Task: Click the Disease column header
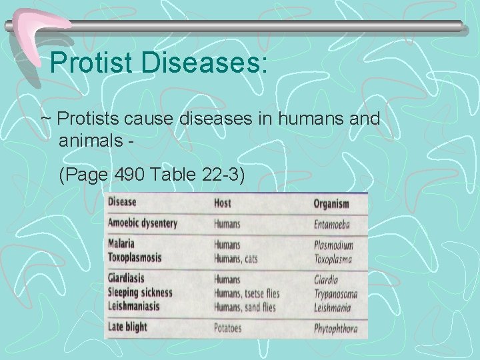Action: coord(122,202)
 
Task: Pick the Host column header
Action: coord(222,203)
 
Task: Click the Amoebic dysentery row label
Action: coord(143,223)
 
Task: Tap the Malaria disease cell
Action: coord(125,244)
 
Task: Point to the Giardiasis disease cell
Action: coord(126,278)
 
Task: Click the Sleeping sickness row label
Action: coord(140,292)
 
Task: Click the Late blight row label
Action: coord(127,327)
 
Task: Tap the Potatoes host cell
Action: coord(229,328)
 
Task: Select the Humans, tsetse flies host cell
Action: coord(247,293)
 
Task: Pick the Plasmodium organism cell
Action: coord(333,245)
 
